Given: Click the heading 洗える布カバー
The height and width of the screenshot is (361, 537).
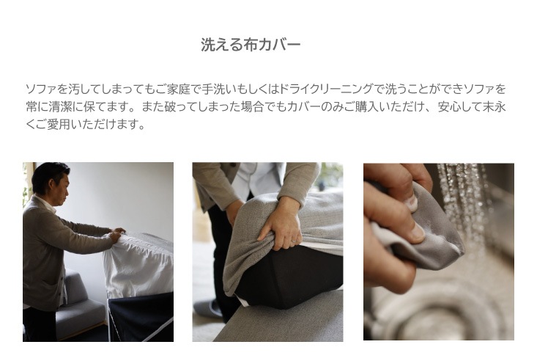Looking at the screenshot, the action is click(x=251, y=45).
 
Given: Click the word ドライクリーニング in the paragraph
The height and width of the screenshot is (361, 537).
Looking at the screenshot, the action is click(x=326, y=90).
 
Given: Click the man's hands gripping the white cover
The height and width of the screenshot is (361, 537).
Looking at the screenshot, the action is click(x=116, y=234).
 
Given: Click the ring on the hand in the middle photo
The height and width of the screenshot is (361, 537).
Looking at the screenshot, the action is click(x=294, y=241).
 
